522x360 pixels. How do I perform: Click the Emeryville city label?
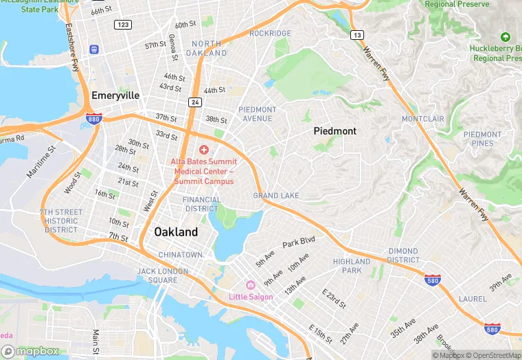click(115, 95)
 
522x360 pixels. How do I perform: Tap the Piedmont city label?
click(334, 131)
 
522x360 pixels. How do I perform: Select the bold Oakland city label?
click(176, 232)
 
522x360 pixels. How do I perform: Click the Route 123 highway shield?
click(123, 25)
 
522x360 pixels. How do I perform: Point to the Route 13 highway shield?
click(356, 34)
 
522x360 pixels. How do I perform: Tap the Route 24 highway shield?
click(194, 102)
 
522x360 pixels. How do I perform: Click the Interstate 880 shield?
click(94, 119)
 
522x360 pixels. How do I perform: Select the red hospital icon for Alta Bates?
click(203, 150)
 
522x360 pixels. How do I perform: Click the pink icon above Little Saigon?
click(250, 285)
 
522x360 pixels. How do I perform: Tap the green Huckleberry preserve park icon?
click(506, 36)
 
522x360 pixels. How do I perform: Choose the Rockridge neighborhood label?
click(270, 33)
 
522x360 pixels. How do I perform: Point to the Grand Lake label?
click(276, 196)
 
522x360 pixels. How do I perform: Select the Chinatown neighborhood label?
click(181, 255)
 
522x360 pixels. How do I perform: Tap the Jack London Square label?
click(162, 275)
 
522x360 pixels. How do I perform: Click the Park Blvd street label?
click(298, 242)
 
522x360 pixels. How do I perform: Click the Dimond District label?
click(403, 256)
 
